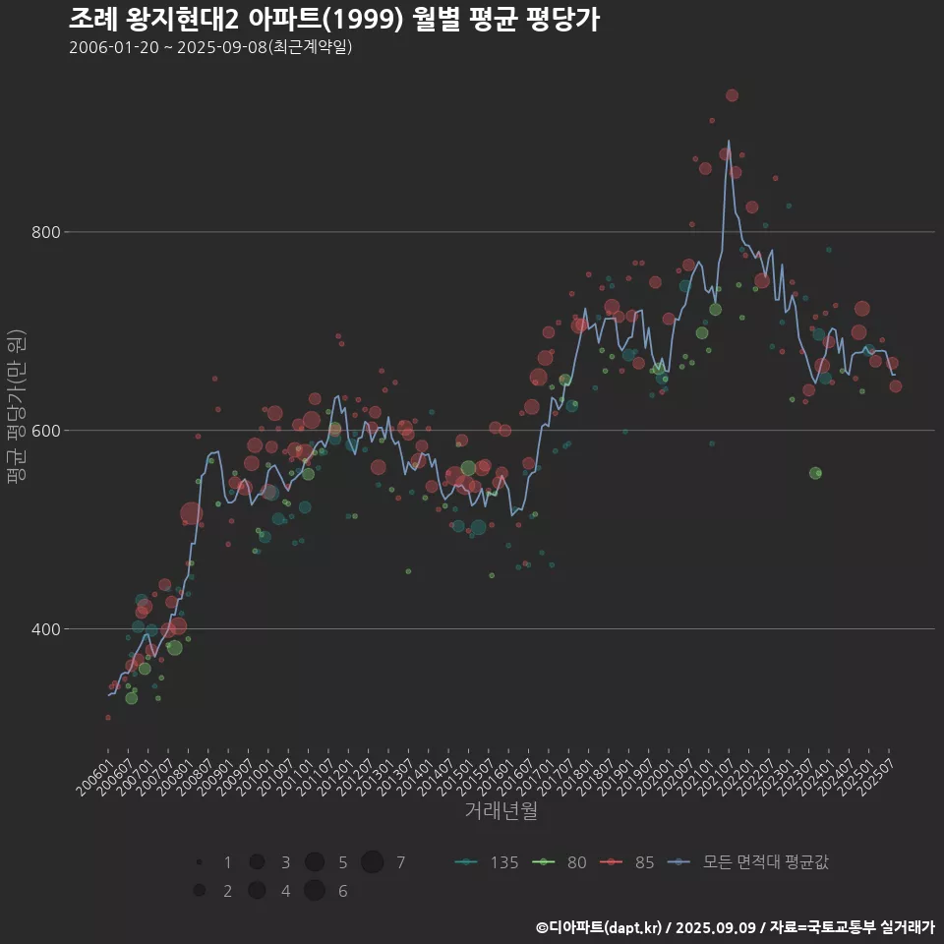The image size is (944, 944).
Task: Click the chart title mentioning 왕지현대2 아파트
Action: coord(334,19)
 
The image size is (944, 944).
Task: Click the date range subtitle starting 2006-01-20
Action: coord(210,47)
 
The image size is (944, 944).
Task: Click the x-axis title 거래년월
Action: coord(501,811)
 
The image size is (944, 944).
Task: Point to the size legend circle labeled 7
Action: coord(372,862)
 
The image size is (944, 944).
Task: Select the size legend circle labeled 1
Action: coord(199,862)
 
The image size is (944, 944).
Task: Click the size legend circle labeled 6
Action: coord(315,891)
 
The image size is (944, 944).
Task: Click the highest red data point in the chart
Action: coord(732,95)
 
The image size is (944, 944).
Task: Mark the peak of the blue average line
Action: coord(729,141)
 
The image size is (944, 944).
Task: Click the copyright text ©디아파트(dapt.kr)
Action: coord(600,927)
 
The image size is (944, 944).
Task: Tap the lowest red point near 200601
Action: coord(108,718)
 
